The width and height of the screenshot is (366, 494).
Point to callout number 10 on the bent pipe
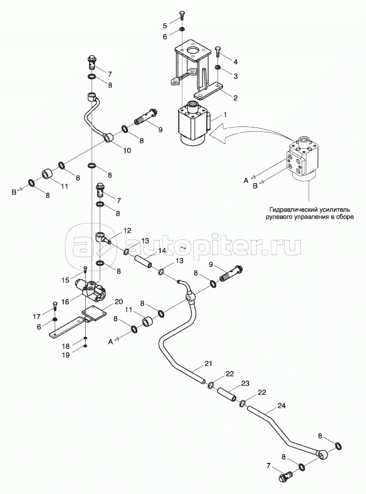click(127, 151)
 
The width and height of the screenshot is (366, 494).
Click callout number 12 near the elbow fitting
click(127, 230)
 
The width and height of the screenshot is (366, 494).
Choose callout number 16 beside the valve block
click(65, 302)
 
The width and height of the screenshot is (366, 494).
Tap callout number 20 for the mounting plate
click(118, 302)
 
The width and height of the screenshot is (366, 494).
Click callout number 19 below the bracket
click(66, 355)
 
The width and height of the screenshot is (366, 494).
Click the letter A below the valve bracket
click(110, 341)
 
